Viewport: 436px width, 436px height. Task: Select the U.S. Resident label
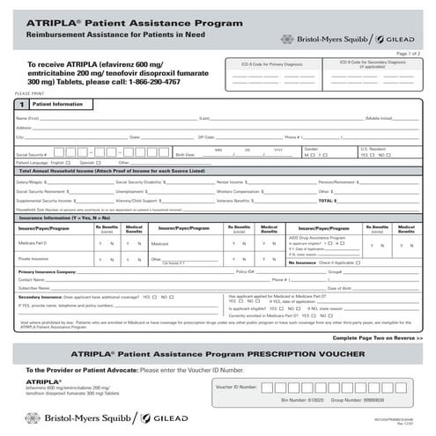tap(374, 149)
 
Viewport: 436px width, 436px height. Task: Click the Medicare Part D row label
tap(34, 241)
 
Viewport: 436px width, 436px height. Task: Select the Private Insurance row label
tap(34, 260)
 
